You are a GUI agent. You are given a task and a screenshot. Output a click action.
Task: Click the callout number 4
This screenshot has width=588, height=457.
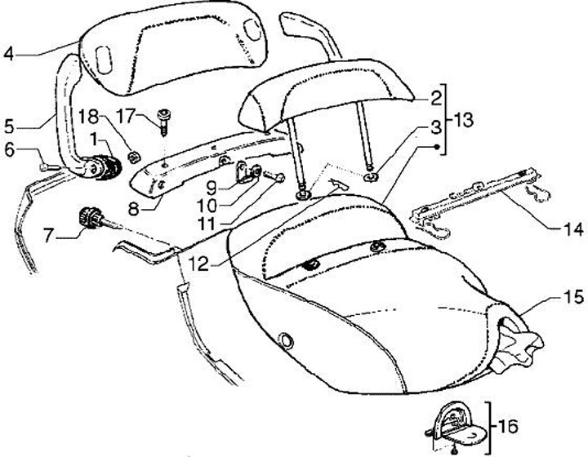click(x=9, y=55)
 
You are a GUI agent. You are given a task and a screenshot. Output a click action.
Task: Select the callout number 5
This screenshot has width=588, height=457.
click(x=9, y=126)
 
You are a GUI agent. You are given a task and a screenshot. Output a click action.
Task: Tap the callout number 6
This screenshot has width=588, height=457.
click(x=9, y=149)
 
